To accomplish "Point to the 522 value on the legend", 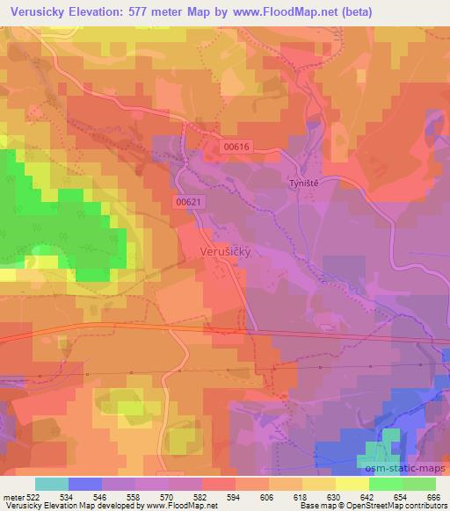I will pos(33,496).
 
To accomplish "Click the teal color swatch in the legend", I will pos(52,484).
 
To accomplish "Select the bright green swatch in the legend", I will pos(385,484).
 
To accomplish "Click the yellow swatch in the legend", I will pos(352,484).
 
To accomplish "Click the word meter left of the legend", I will pos(12,496).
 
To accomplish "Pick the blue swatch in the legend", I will pos(85,484).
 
